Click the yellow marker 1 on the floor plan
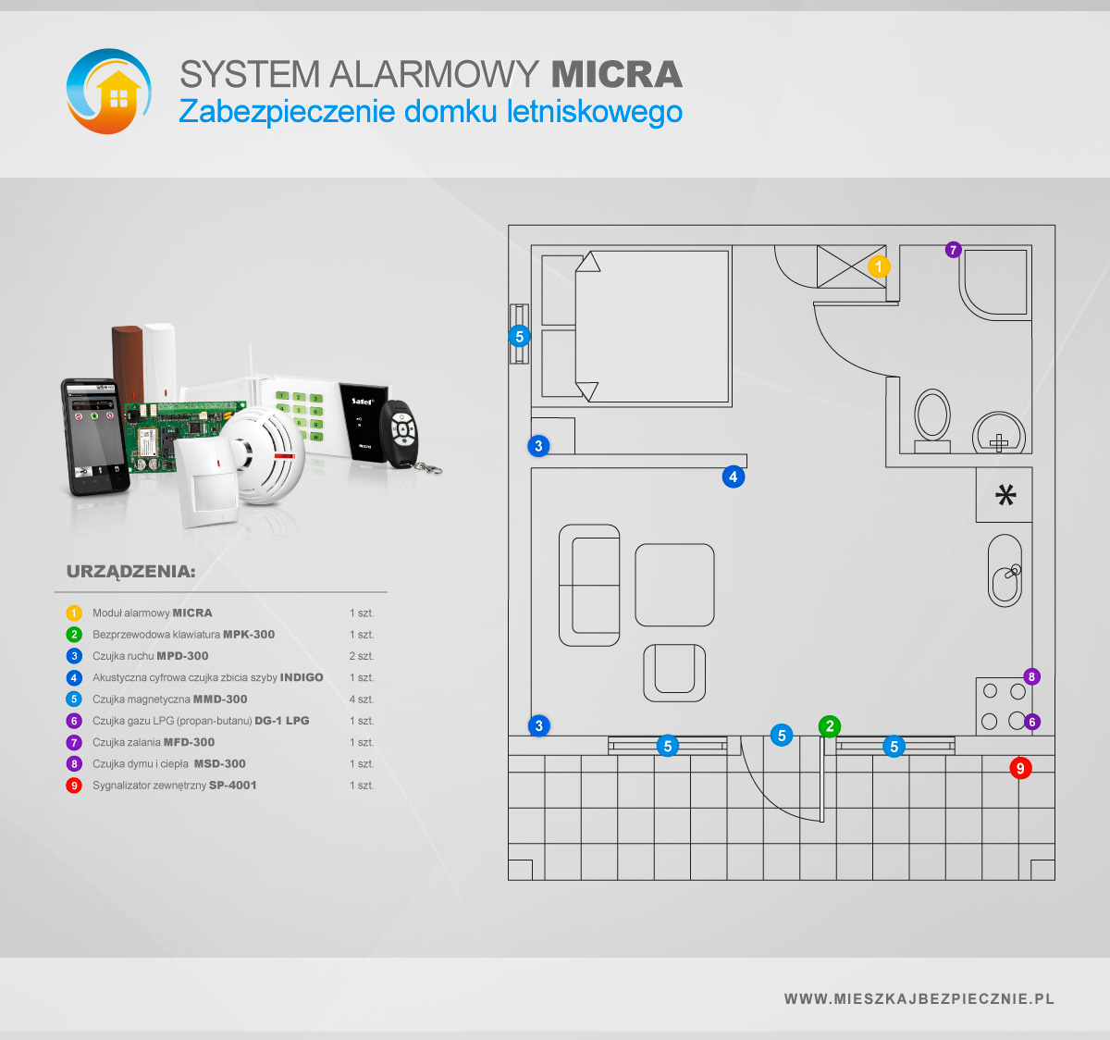(879, 266)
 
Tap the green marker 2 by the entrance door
(830, 726)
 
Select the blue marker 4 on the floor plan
(734, 477)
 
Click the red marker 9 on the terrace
(1020, 768)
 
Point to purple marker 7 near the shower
(954, 250)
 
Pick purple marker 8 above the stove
(1031, 676)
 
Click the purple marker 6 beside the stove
(1031, 722)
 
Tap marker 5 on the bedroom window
(519, 337)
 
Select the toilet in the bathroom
(932, 420)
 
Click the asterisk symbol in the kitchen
(1005, 495)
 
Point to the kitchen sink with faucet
(1005, 570)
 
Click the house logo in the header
(109, 92)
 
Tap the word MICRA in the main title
(616, 74)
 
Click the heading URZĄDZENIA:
(130, 572)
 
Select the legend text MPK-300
(249, 635)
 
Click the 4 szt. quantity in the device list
(362, 699)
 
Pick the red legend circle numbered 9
(74, 786)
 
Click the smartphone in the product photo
(94, 436)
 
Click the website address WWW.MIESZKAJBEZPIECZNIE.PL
(919, 999)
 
